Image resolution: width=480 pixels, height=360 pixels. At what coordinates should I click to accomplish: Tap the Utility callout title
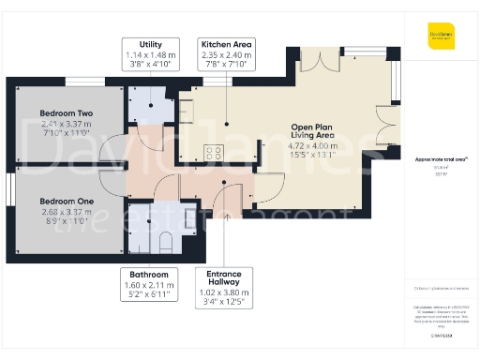tap(151, 44)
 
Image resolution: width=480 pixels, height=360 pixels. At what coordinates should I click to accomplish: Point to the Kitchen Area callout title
tap(225, 44)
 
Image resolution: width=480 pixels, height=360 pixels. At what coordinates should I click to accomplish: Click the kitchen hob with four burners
tap(214, 153)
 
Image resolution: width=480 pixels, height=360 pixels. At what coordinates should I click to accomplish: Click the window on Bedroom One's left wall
tap(9, 187)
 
